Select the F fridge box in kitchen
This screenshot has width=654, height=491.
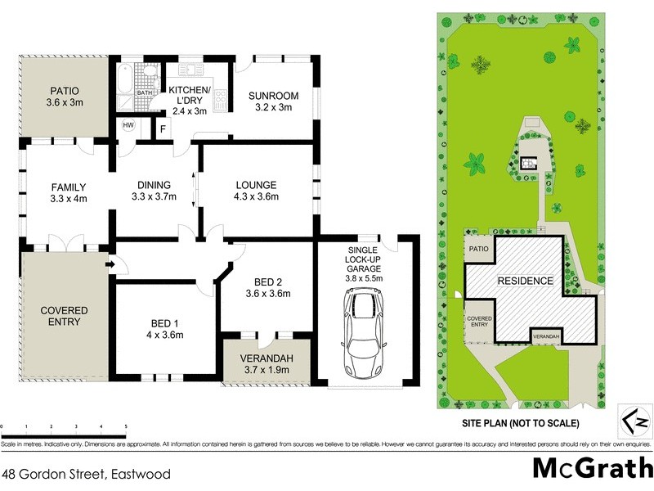(163, 128)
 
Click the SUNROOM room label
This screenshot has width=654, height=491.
(273, 101)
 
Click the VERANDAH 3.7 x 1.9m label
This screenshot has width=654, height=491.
(266, 365)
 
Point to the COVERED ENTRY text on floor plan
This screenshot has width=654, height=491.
(63, 316)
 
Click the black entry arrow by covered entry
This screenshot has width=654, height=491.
(110, 264)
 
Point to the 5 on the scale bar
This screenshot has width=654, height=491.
(126, 427)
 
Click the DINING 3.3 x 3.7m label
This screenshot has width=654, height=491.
(155, 191)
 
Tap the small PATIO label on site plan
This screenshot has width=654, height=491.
(477, 249)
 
